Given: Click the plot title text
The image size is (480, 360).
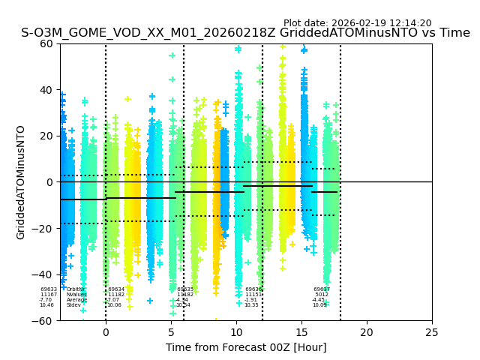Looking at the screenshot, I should click(245, 33).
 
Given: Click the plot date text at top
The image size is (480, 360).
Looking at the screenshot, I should click(357, 23).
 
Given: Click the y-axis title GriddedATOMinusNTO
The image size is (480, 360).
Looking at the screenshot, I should click(21, 182).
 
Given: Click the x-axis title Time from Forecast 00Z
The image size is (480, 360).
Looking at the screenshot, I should click(246, 347).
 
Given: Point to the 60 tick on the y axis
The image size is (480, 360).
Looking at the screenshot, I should click(47, 43).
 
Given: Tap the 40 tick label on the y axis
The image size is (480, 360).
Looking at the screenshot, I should click(47, 90).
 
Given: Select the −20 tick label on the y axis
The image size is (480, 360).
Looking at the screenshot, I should click(44, 229).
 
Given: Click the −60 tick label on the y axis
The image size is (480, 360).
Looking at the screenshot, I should click(44, 321).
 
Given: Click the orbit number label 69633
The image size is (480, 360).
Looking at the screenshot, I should click(49, 289).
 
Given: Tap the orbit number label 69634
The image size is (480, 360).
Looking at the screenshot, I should click(116, 289).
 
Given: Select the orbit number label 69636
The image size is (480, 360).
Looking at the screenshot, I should click(253, 289).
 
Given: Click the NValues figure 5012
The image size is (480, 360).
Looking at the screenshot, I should click(322, 295).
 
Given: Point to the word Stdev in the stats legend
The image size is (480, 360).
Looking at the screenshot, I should click(73, 305).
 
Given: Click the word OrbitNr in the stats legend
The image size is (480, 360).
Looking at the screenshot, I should click(75, 289).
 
